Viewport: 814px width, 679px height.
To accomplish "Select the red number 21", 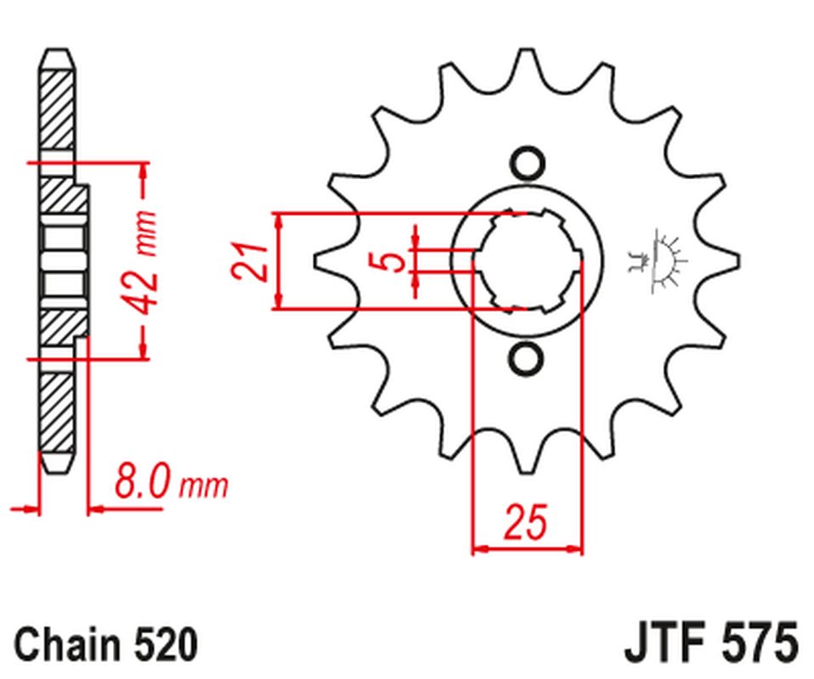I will tap(252, 261).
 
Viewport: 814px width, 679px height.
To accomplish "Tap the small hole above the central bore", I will tap(526, 163).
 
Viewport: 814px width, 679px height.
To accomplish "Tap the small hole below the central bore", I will tap(526, 358).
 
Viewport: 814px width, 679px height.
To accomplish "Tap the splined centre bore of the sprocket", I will tap(526, 261).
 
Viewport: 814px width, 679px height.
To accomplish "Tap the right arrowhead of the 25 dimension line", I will tap(577, 549).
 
